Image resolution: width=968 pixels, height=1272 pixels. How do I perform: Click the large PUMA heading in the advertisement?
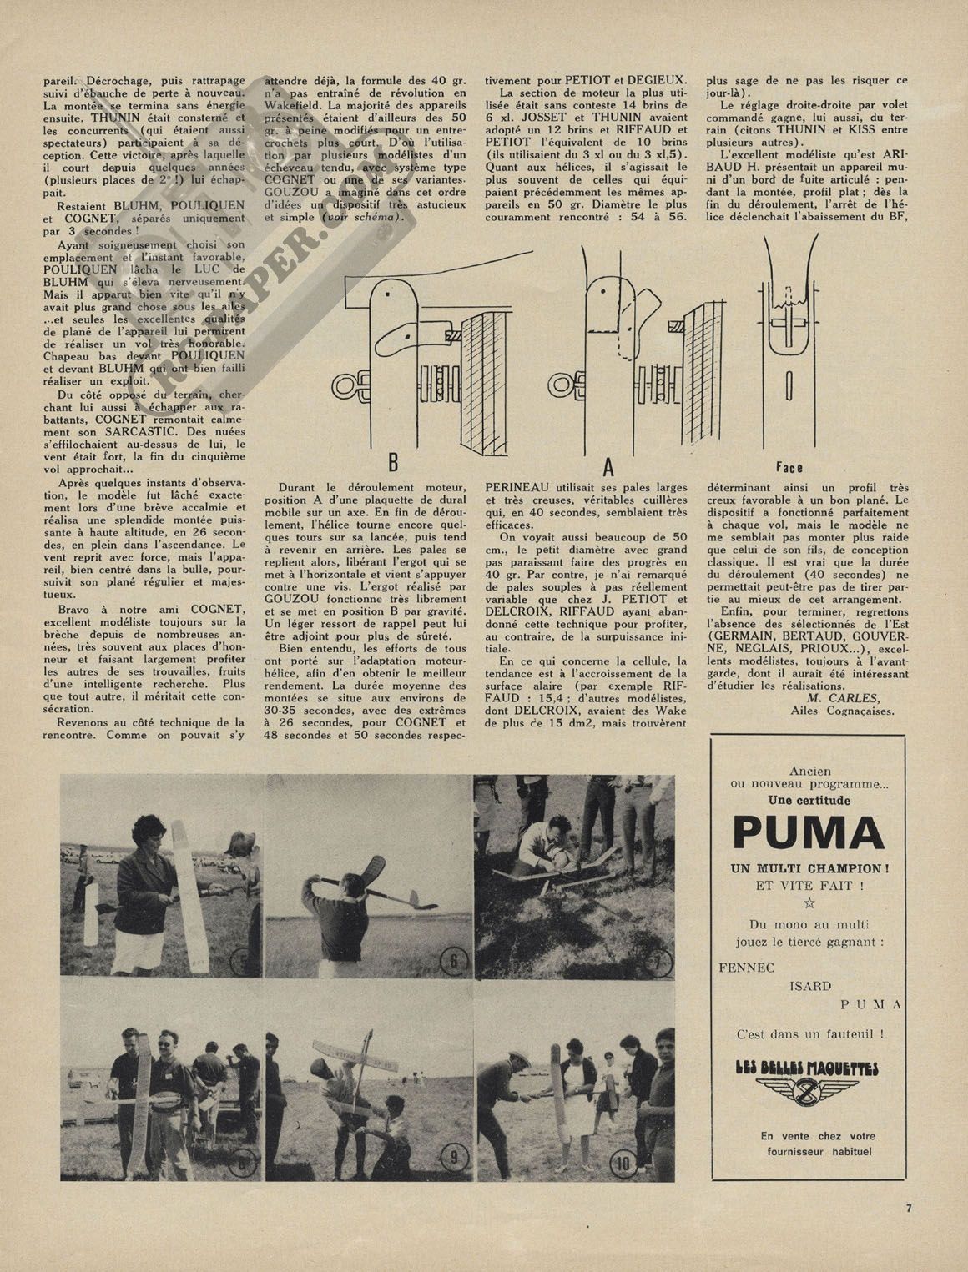click(807, 832)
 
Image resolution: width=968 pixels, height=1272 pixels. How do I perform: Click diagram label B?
click(392, 460)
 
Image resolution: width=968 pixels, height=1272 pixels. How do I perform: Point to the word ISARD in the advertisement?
click(809, 986)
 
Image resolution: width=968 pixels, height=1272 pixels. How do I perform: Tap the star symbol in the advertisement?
click(806, 902)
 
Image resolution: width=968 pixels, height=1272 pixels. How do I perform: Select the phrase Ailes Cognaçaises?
click(840, 711)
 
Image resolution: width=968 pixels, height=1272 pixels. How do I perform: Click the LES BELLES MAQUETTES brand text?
click(807, 1068)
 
